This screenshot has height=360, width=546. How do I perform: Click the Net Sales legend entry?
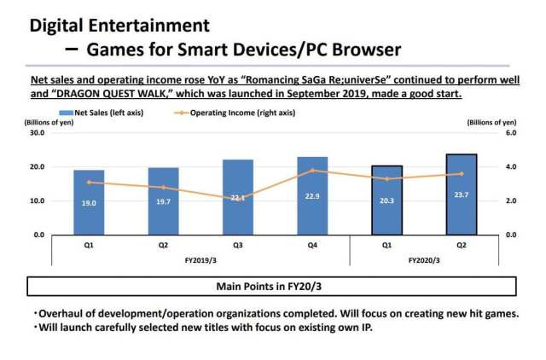tap(89, 112)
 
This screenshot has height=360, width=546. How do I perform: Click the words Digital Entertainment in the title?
tap(119, 26)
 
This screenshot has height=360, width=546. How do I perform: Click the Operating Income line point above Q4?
tap(312, 171)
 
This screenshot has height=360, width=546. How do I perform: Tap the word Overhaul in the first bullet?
tap(61, 313)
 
